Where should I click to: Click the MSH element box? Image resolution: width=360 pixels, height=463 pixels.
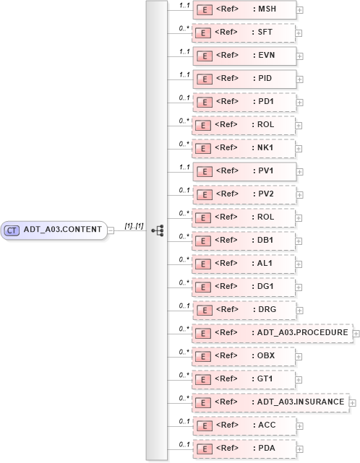tap(244, 10)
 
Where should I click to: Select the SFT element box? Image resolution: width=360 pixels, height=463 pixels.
tap(244, 33)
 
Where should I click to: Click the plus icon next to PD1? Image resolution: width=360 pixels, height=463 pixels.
tap(299, 103)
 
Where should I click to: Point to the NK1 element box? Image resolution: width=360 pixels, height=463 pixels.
tap(244, 149)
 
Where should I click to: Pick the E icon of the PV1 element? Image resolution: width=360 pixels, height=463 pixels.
tap(205, 172)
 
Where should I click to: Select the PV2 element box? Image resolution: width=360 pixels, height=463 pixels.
tap(244, 195)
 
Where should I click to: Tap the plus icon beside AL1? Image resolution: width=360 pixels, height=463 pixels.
tap(299, 264)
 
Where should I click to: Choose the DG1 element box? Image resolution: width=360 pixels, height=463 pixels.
tap(244, 287)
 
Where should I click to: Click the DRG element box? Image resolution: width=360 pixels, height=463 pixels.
tap(244, 310)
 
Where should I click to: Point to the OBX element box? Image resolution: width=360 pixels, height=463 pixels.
tap(244, 356)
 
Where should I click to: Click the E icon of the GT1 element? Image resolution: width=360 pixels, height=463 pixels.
tap(205, 379)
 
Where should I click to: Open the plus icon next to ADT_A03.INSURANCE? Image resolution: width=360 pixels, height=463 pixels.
tap(353, 402)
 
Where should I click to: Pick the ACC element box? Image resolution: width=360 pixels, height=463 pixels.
tap(244, 425)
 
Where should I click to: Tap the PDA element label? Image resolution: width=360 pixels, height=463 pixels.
tap(264, 449)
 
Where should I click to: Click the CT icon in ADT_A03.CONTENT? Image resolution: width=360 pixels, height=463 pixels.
tap(12, 230)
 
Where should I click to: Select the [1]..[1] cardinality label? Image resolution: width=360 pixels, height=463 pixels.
tap(134, 226)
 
